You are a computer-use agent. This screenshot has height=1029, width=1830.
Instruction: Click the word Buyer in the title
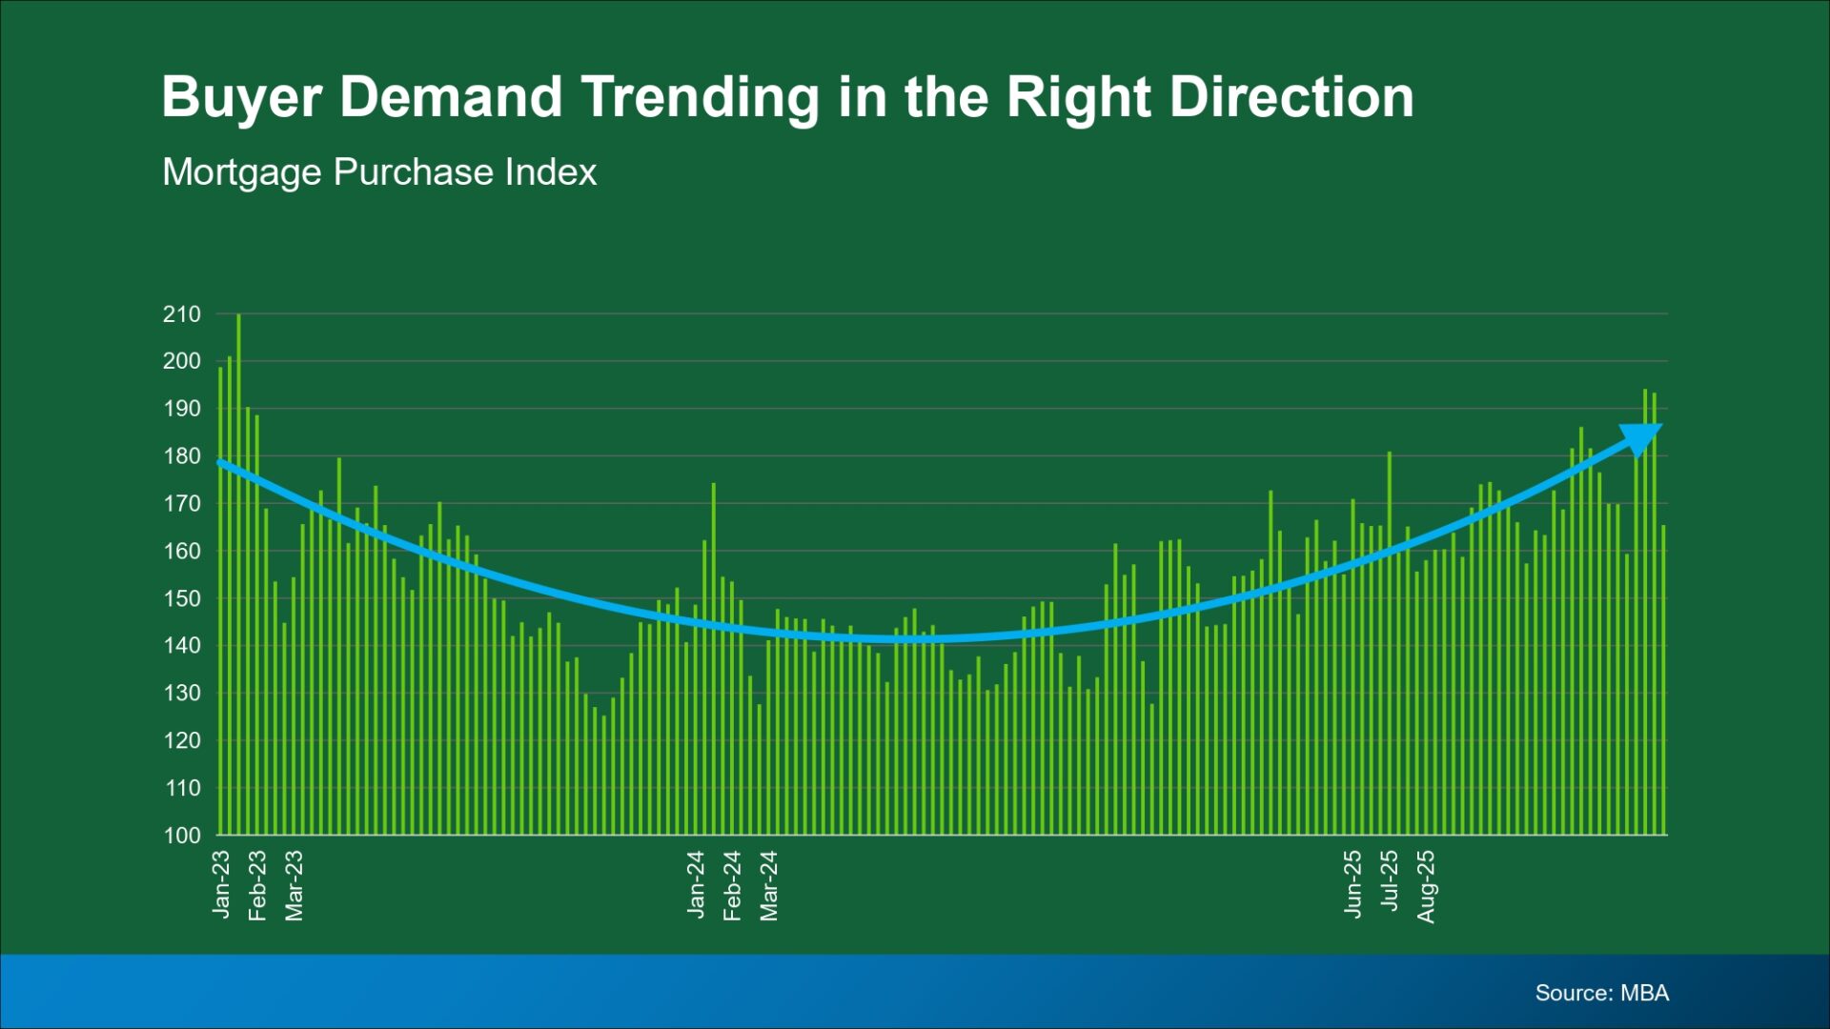(242, 98)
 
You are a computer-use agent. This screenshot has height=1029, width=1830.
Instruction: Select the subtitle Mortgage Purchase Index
(379, 172)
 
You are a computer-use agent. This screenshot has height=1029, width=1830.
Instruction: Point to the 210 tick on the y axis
(182, 314)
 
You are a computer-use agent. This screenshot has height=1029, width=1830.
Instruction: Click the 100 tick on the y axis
(182, 836)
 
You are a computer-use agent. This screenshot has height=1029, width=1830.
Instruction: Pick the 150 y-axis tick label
(182, 598)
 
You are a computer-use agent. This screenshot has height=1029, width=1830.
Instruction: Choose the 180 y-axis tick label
(182, 456)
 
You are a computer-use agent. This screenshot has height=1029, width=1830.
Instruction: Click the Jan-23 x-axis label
(221, 885)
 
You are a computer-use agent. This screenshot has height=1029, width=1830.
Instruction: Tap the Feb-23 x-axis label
(257, 886)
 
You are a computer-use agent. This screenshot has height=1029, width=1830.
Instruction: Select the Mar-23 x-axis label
(295, 886)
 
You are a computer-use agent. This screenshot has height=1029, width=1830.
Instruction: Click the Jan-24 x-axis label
(696, 885)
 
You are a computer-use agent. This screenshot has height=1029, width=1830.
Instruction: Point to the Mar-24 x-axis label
(769, 886)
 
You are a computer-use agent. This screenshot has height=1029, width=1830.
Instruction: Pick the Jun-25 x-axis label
(1352, 884)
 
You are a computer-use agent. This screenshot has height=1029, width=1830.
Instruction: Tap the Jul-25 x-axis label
(1390, 881)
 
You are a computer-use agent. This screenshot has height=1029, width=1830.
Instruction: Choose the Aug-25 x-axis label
(1426, 887)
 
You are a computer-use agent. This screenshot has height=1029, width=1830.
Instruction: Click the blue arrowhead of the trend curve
(1641, 438)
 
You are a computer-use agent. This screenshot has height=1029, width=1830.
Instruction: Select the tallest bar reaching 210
(238, 575)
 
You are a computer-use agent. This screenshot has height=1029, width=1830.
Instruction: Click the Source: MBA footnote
(1602, 993)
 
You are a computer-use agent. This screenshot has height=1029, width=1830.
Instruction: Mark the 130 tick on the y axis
(182, 694)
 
